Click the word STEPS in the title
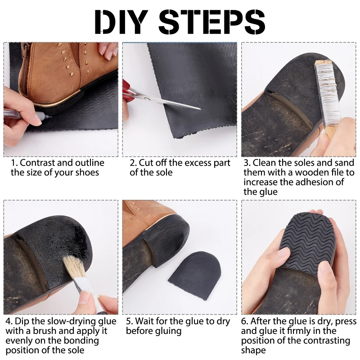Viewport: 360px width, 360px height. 211,22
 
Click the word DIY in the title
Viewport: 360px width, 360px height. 121,22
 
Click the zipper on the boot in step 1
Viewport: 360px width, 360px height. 24,69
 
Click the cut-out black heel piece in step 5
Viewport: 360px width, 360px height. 194,275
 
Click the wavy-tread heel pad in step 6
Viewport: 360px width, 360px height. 308,243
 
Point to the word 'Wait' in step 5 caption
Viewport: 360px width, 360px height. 143,321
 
